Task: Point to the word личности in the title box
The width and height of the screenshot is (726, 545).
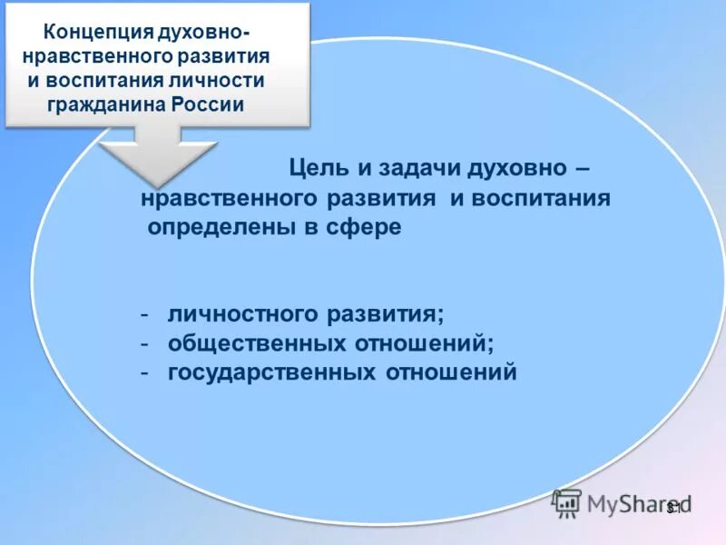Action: click(x=228, y=80)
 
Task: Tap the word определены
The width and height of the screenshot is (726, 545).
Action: click(x=217, y=227)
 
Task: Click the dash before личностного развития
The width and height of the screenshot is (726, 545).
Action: click(x=144, y=314)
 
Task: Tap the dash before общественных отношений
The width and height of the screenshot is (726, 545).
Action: click(x=144, y=343)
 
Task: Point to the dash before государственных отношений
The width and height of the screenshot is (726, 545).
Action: click(x=144, y=372)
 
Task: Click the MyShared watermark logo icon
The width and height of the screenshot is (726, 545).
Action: click(x=567, y=503)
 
